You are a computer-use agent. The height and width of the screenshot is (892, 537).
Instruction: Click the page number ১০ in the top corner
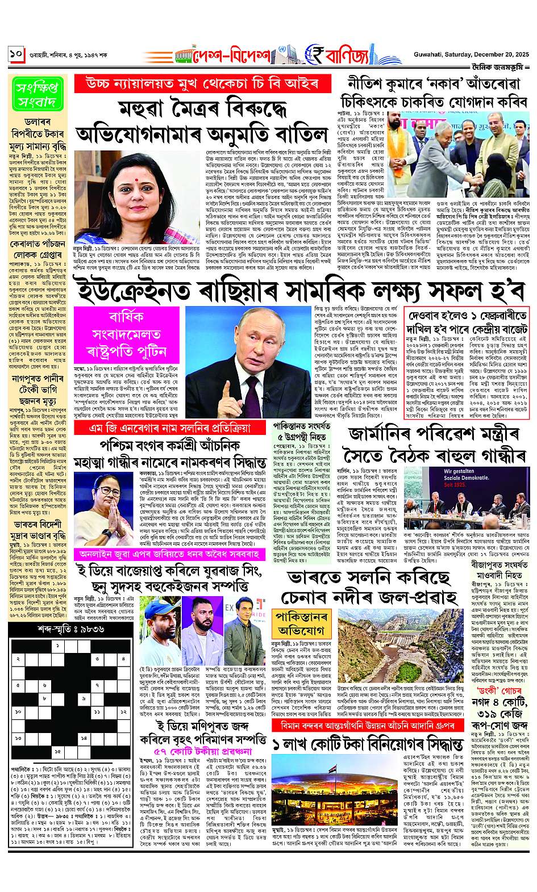tap(16, 55)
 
